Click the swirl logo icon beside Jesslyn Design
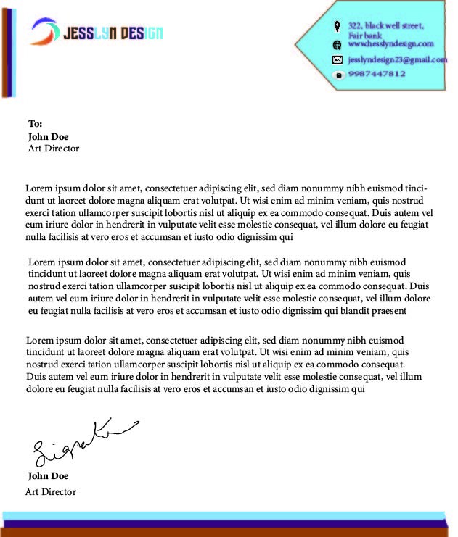click(x=45, y=31)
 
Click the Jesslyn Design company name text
click(x=113, y=33)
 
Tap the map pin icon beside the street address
click(x=337, y=27)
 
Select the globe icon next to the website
click(x=337, y=44)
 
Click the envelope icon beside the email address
click(x=337, y=59)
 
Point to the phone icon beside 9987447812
click(x=337, y=75)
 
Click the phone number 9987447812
click(x=377, y=74)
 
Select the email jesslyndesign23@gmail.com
click(x=397, y=59)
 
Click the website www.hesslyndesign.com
click(x=390, y=43)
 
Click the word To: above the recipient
click(x=36, y=123)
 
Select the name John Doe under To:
click(x=48, y=136)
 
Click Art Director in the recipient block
click(x=53, y=149)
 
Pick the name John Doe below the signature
click(x=48, y=476)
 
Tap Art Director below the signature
click(x=51, y=492)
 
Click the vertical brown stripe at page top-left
click(x=5, y=51)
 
